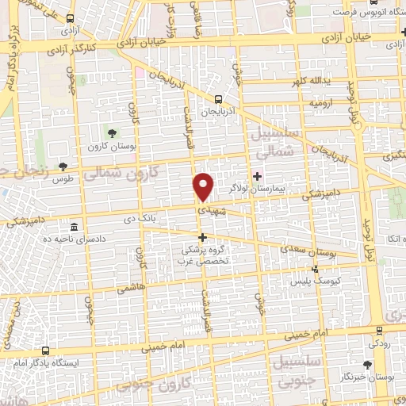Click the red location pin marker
(x=204, y=186)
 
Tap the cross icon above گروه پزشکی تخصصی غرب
(x=202, y=237)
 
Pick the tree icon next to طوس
(x=63, y=167)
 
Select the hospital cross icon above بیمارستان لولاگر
(x=256, y=176)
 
